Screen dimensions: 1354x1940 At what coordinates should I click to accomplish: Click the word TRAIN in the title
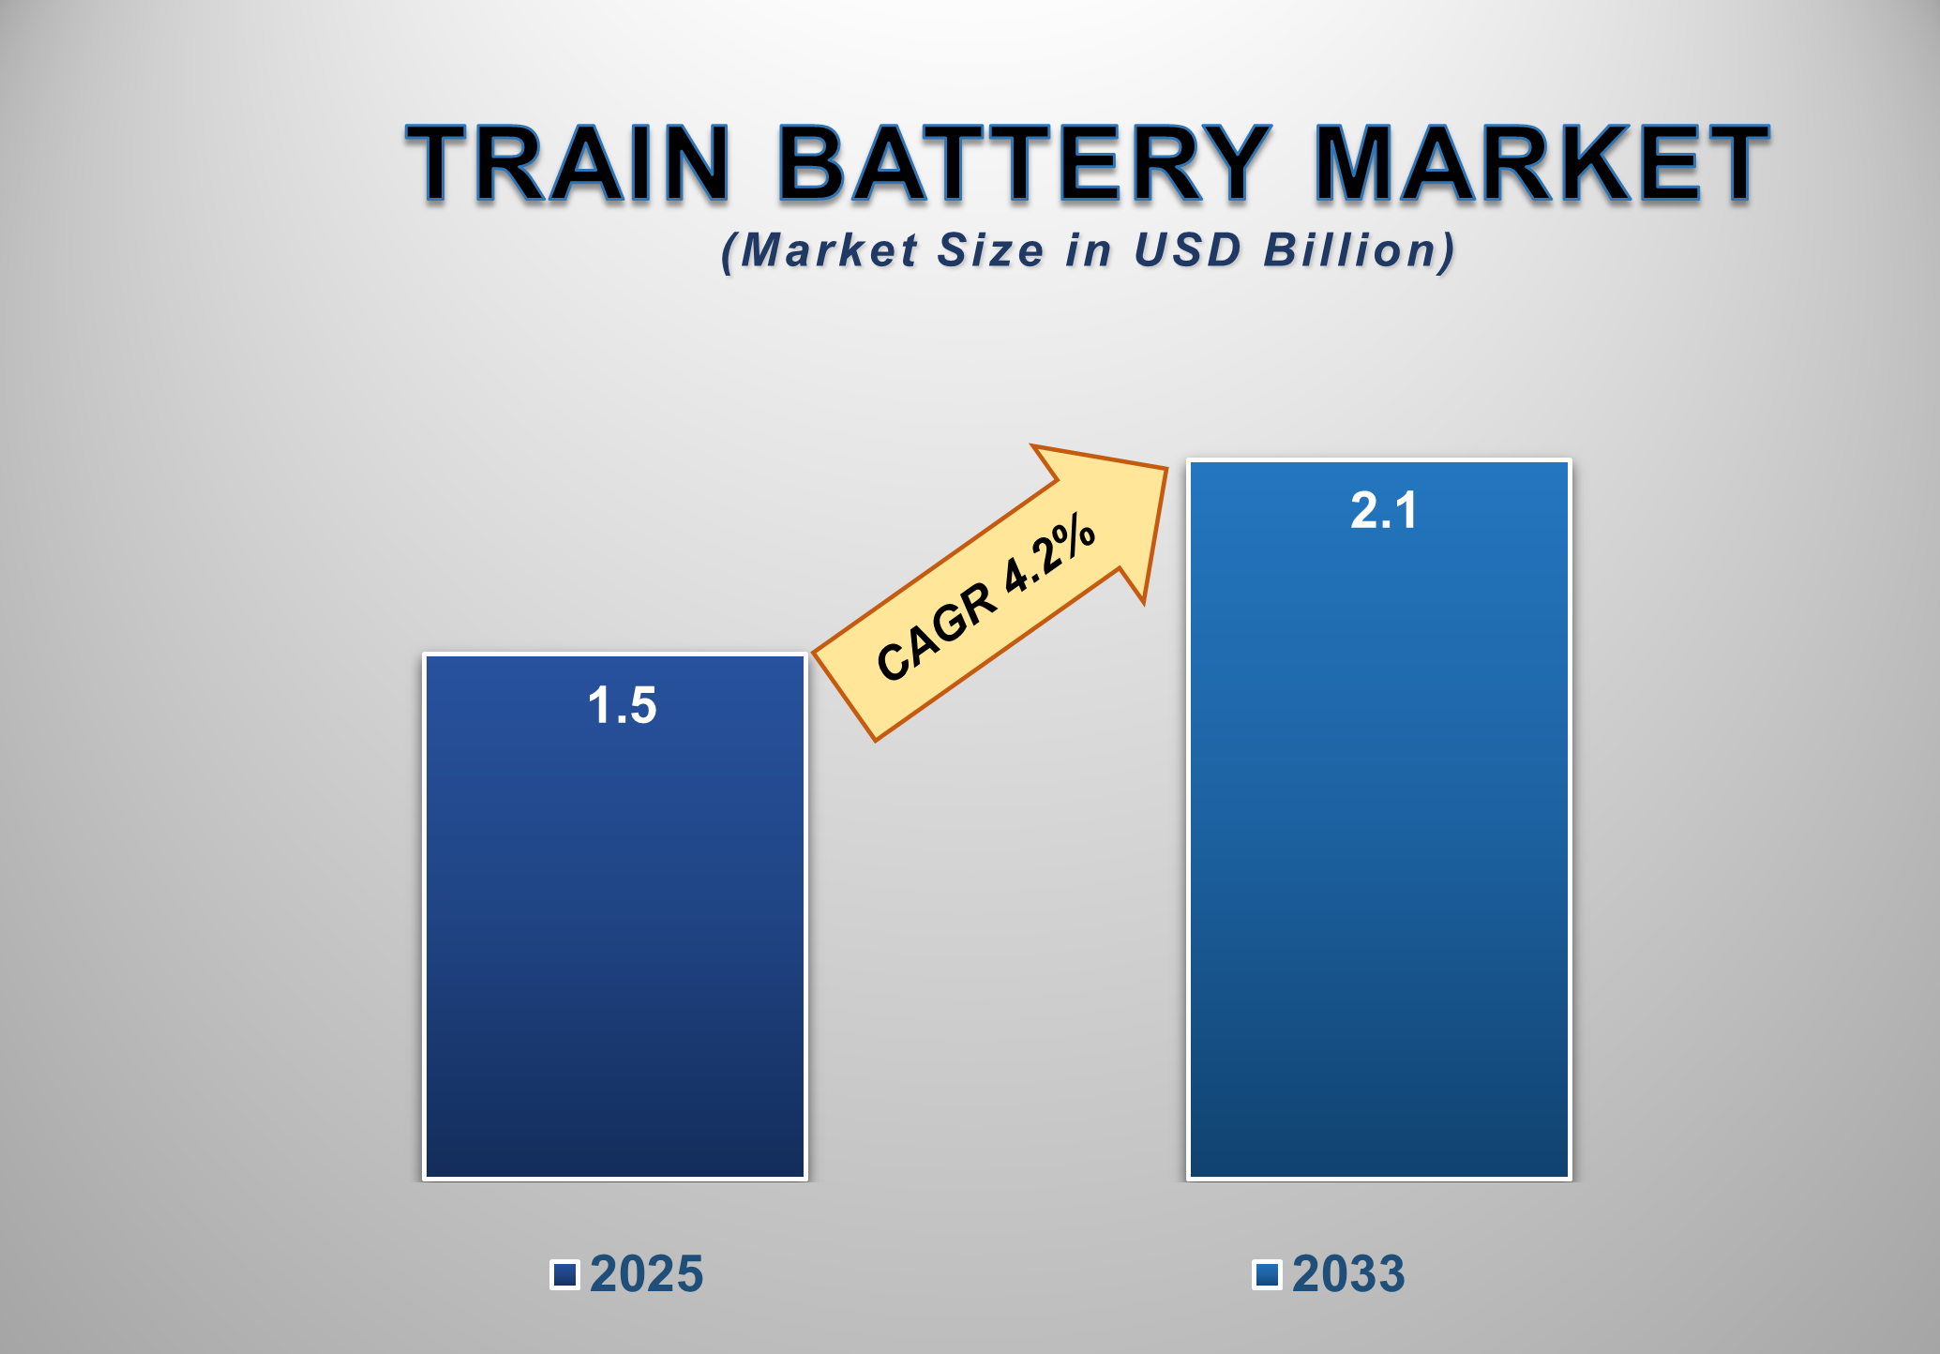pyautogui.click(x=568, y=163)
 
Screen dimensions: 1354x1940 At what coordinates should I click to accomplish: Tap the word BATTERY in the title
pyautogui.click(x=1021, y=163)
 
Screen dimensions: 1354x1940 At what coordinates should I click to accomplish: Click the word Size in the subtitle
pyautogui.click(x=990, y=250)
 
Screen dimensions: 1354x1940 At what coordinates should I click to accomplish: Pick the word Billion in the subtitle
pyautogui.click(x=1349, y=250)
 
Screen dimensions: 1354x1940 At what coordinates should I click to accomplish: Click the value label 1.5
pyautogui.click(x=622, y=705)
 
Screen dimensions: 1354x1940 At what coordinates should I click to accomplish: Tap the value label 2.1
pyautogui.click(x=1383, y=511)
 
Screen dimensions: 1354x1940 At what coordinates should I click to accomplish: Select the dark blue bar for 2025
pyautogui.click(x=615, y=938)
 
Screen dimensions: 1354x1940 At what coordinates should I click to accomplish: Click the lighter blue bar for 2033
pyautogui.click(x=1378, y=844)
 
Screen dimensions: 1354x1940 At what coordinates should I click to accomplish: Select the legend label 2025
pyautogui.click(x=646, y=1274)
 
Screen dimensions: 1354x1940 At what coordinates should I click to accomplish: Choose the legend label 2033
pyautogui.click(x=1348, y=1274)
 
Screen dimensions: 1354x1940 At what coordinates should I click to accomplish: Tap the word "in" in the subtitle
pyautogui.click(x=1088, y=250)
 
